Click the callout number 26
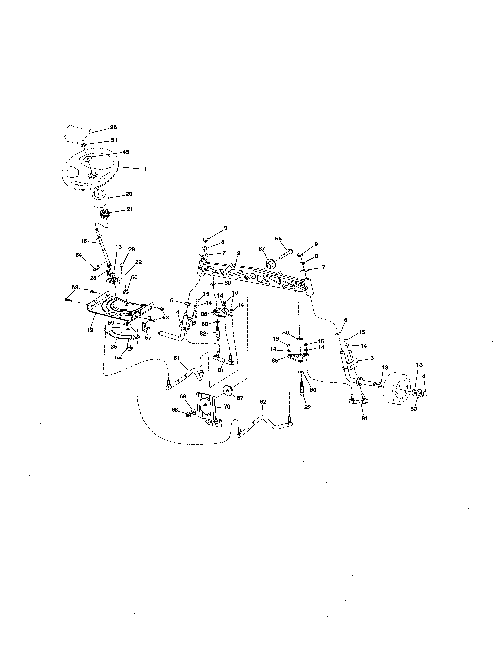click(x=113, y=127)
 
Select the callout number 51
click(x=114, y=140)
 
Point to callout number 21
click(x=129, y=209)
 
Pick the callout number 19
click(x=90, y=330)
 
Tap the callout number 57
click(x=148, y=338)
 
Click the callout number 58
click(x=118, y=357)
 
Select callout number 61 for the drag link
click(x=177, y=358)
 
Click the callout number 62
click(x=263, y=402)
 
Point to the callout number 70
click(x=227, y=407)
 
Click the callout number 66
click(x=278, y=239)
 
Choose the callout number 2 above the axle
click(x=239, y=253)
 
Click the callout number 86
click(x=204, y=314)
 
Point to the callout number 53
click(x=414, y=409)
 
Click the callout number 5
click(x=372, y=359)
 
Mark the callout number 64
click(x=79, y=255)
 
